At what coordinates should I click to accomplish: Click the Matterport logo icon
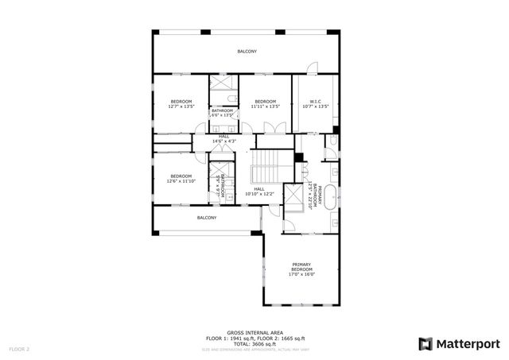pos(426,343)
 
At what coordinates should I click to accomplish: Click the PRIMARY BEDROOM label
pos(301,267)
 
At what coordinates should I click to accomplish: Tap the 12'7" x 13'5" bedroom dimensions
pos(181,106)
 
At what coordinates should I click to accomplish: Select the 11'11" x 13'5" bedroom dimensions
pos(265,106)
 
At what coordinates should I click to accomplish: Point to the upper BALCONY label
pos(247,52)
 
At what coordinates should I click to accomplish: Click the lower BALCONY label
pos(207,218)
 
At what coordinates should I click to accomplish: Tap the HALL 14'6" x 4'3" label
pos(223,139)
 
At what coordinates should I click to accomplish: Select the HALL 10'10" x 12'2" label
pos(259,192)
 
